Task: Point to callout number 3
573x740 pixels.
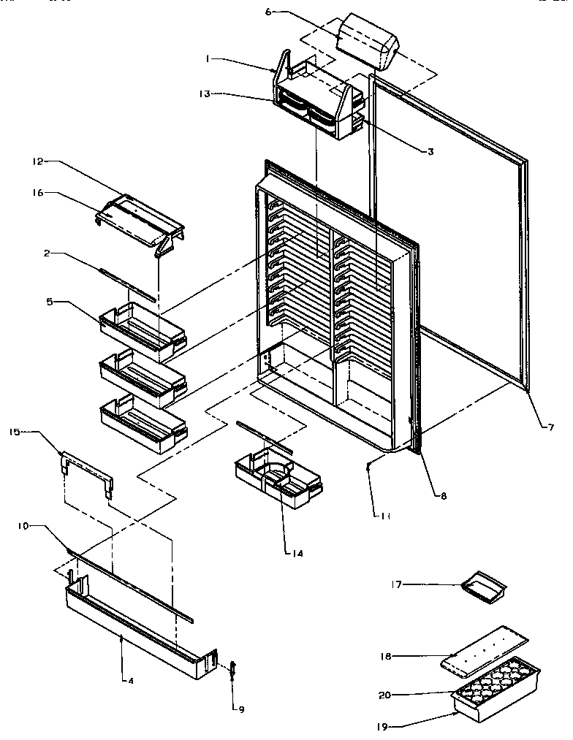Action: (430, 151)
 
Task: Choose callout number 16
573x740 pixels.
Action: (38, 193)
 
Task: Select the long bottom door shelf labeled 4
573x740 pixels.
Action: (139, 625)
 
